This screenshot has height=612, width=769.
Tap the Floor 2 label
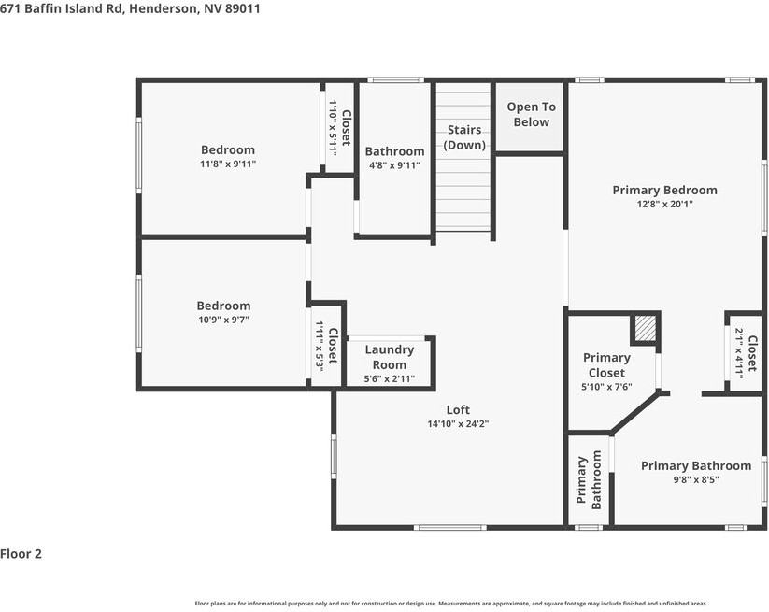click(21, 554)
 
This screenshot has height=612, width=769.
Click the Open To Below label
click(531, 114)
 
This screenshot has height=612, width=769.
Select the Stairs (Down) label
click(464, 137)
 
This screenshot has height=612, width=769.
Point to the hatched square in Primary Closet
click(645, 328)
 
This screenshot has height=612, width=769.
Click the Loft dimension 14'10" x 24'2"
click(458, 423)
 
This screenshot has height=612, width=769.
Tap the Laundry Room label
click(390, 357)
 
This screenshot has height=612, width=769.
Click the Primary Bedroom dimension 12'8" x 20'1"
click(664, 204)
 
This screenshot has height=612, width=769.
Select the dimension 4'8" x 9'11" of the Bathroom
click(395, 165)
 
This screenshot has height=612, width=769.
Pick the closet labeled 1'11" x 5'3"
click(326, 347)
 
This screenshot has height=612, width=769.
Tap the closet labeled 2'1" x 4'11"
click(746, 353)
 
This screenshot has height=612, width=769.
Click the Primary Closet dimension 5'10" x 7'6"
click(606, 387)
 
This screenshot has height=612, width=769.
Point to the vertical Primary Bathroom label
click(589, 480)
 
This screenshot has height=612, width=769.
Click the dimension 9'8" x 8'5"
click(696, 479)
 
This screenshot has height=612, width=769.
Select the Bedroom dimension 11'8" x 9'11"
click(228, 164)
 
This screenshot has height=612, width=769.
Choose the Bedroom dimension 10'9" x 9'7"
click(223, 320)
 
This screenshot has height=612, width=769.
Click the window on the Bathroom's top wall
click(396, 80)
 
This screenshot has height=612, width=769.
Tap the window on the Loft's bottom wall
click(450, 528)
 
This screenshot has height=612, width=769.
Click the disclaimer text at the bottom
click(451, 604)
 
